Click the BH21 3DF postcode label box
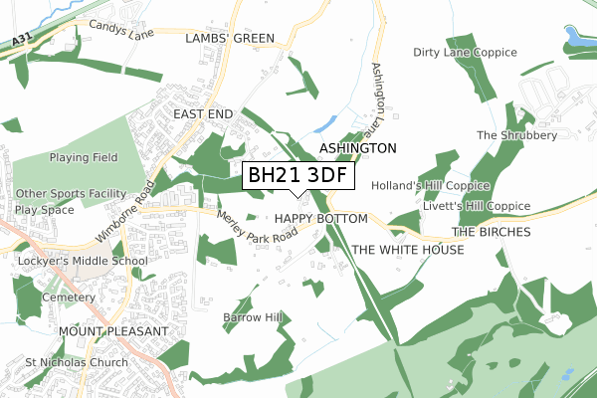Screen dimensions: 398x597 click(x=298, y=176)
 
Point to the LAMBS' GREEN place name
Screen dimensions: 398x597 click(x=230, y=38)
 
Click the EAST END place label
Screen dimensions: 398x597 click(x=203, y=114)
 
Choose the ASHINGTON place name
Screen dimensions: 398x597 click(x=357, y=147)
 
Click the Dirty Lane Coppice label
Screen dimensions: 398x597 click(x=465, y=52)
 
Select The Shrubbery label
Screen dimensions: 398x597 click(x=513, y=134)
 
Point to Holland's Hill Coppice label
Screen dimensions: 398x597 click(x=430, y=186)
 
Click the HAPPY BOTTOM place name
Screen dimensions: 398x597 click(x=321, y=218)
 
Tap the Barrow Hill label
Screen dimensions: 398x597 click(x=253, y=317)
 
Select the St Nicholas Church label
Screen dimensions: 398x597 click(x=77, y=362)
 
